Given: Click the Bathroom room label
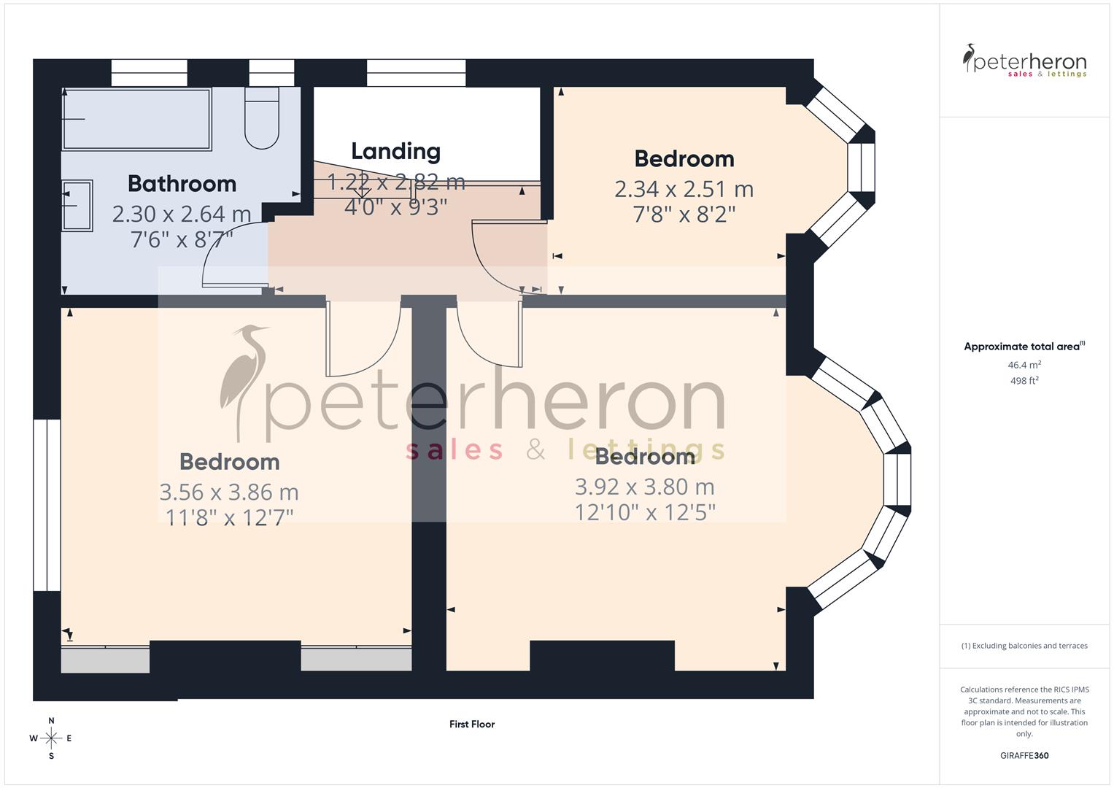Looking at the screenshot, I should [182, 184].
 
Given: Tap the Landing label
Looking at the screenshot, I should [395, 152].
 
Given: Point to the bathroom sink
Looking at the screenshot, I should [77, 206].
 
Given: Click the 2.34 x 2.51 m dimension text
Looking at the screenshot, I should [684, 190].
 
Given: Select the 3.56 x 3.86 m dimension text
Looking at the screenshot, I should [229, 492].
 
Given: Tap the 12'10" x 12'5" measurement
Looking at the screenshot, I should [645, 512].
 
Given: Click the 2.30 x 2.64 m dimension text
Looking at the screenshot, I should [182, 215].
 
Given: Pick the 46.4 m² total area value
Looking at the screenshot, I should [1024, 365].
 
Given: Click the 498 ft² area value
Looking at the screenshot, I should [1024, 381].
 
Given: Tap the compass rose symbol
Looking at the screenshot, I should [51, 738].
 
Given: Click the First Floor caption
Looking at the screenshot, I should [472, 725].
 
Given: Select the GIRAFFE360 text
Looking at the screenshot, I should [1024, 756].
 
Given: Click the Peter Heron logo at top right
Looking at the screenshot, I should [1024, 61].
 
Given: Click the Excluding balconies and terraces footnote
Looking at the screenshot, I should [1024, 646].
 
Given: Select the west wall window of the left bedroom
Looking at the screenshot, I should [47, 505].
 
